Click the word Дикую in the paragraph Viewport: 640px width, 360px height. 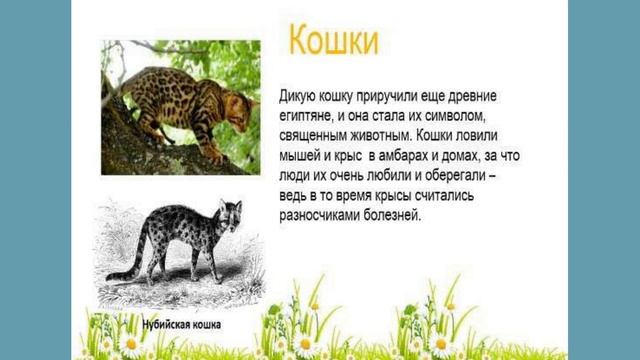(301, 95)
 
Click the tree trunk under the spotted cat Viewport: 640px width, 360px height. (140, 140)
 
